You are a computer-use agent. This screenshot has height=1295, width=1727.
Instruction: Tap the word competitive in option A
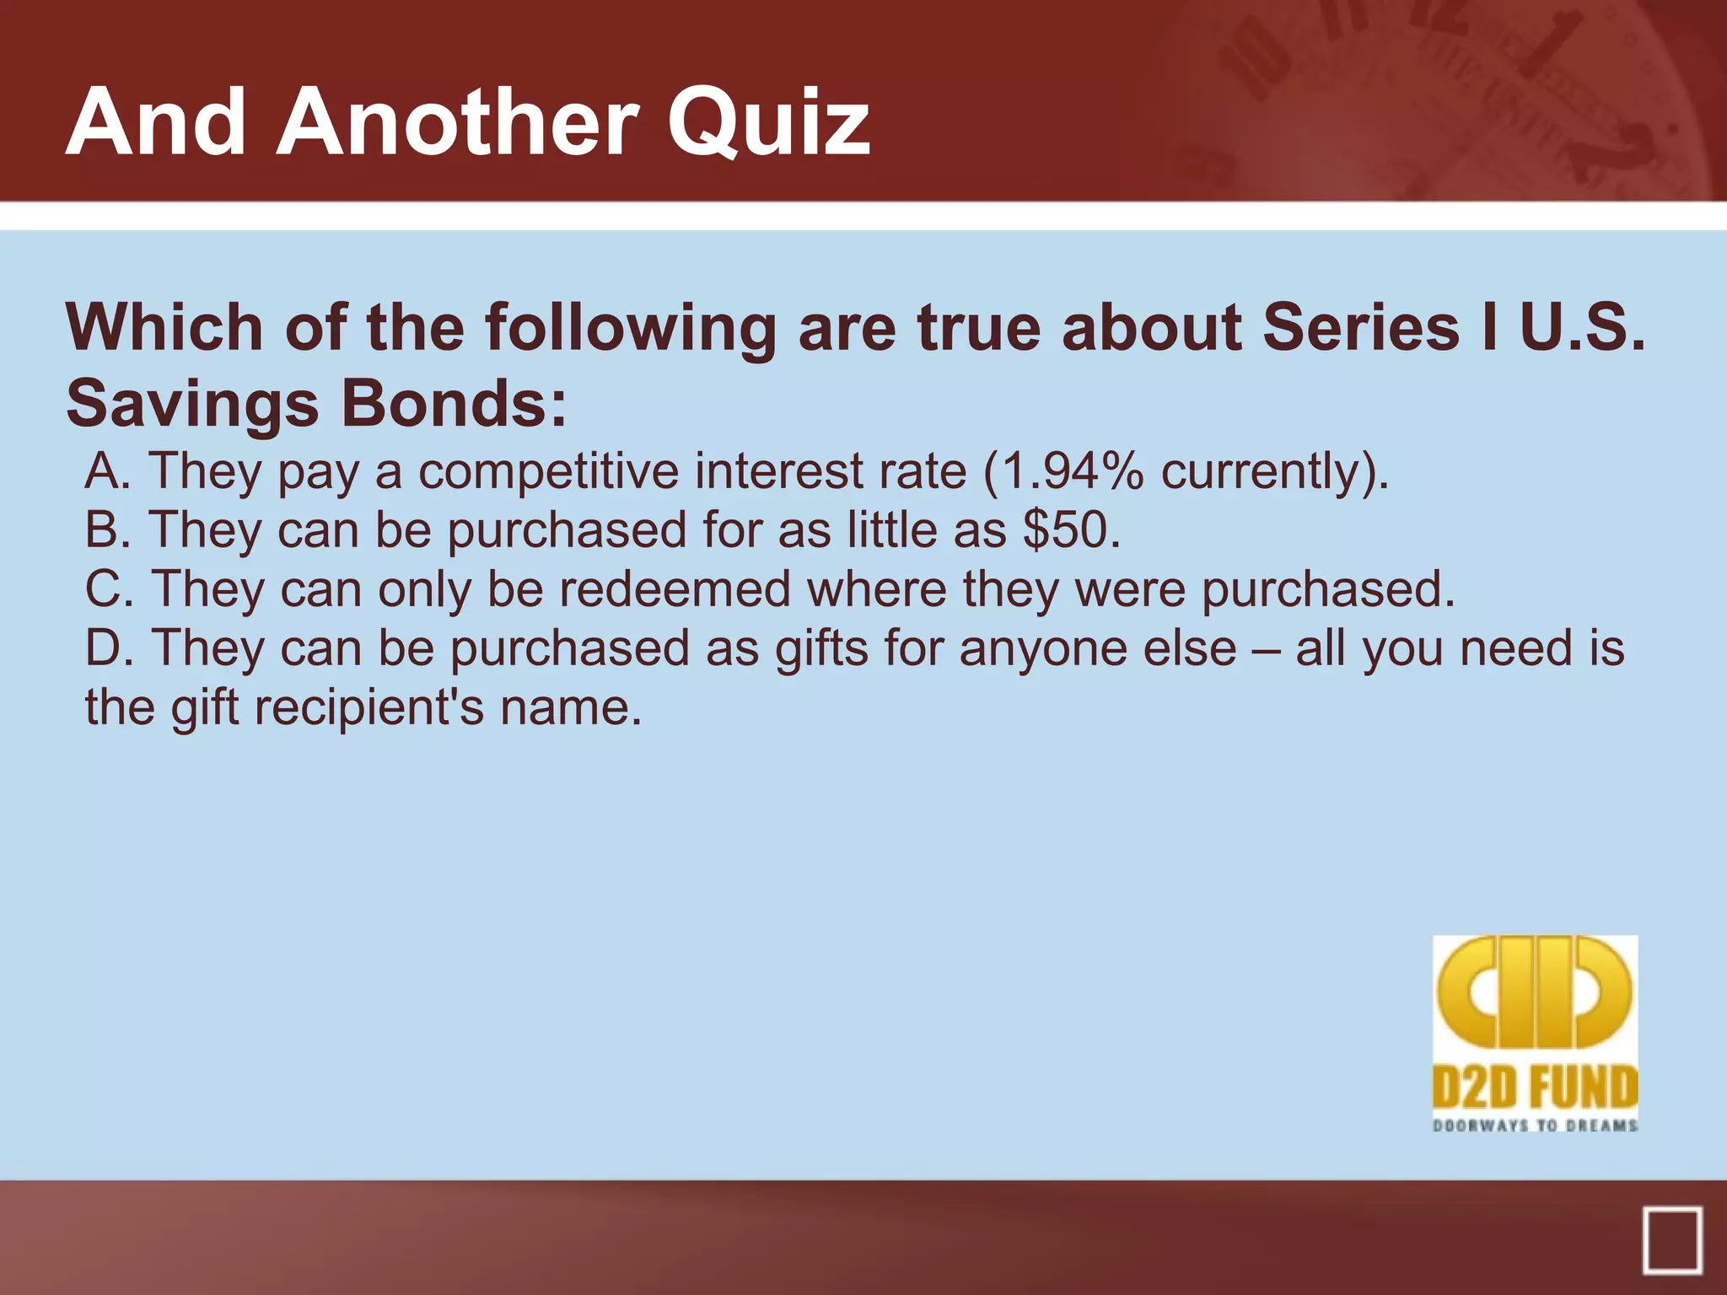[x=549, y=470]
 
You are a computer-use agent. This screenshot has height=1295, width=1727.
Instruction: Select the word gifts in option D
[x=821, y=649]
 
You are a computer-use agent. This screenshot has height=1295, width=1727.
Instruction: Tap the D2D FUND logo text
[x=1535, y=1088]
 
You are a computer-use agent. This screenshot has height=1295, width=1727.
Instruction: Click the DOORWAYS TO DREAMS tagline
[x=1535, y=1126]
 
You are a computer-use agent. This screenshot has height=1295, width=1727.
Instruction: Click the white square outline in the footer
[x=1672, y=1239]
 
